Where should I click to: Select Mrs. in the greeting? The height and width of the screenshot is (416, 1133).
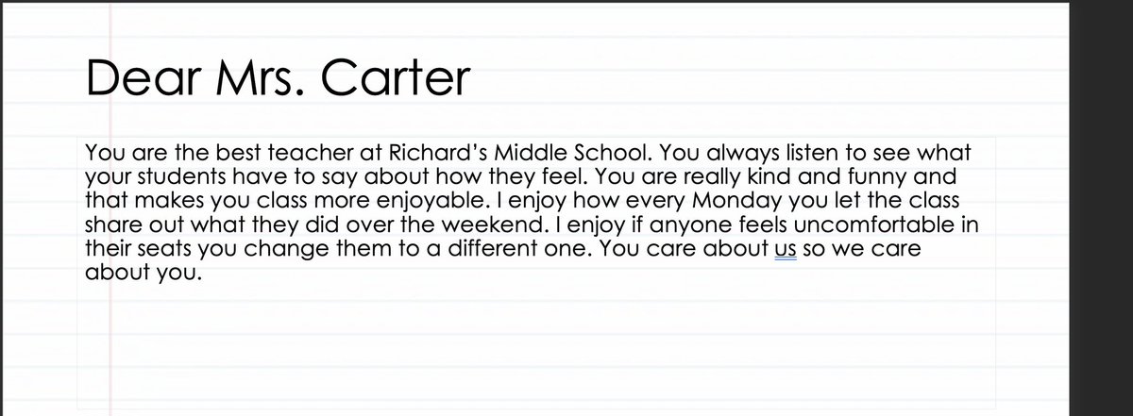[x=262, y=78]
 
